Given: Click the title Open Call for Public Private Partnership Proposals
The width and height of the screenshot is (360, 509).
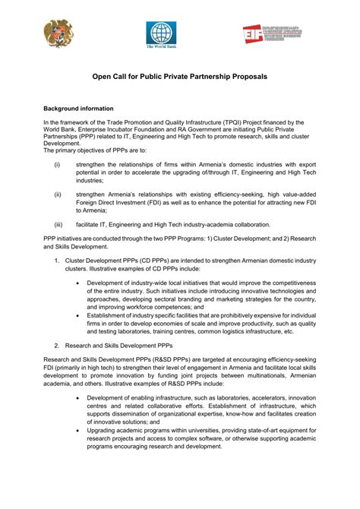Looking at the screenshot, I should tap(179, 77).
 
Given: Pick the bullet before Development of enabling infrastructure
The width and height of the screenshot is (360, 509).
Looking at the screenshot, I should tap(80, 397).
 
